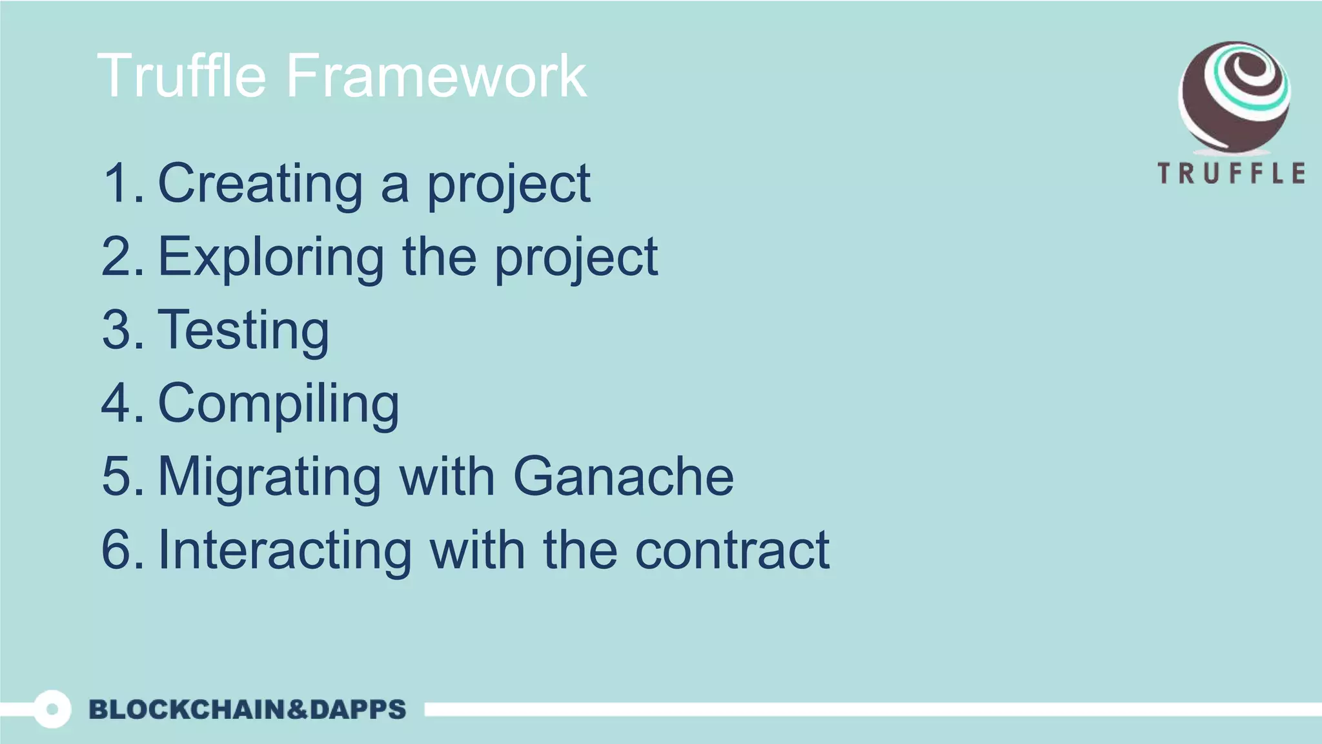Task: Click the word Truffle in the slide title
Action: tap(181, 76)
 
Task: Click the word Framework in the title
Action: tap(436, 76)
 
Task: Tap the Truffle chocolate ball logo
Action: tap(1234, 97)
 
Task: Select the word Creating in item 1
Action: tap(260, 183)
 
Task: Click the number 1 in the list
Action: tap(117, 183)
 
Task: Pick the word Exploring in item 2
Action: tap(271, 257)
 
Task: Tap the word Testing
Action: tap(243, 331)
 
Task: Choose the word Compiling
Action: tap(278, 404)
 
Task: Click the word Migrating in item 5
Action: tap(270, 477)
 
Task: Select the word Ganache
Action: tap(624, 477)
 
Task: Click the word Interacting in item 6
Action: tap(285, 550)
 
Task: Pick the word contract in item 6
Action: tap(732, 550)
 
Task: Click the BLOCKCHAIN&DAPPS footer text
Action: tap(247, 709)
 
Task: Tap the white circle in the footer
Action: tap(52, 709)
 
